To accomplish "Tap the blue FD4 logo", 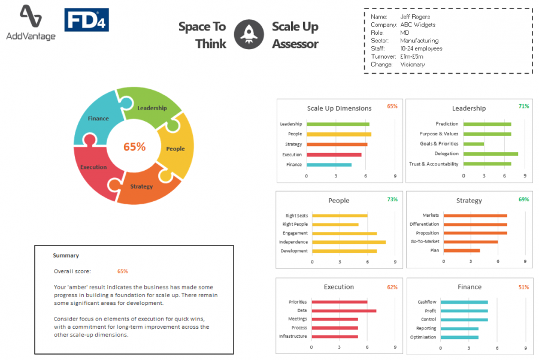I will pos(86,20).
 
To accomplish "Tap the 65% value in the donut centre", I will pos(134,146).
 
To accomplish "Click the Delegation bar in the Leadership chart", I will pos(490,154).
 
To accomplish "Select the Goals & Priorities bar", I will pos(473,144).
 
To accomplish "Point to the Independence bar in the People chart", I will pos(348,242).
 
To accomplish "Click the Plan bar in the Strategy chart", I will pos(461,250).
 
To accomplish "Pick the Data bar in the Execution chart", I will pos(341,310).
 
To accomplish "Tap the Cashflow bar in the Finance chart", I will pos(464,302).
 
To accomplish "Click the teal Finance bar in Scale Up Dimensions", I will pos(328,165).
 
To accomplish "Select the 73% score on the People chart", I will pos(392,199).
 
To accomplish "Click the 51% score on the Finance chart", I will pos(523,287).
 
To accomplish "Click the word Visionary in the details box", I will pos(412,64).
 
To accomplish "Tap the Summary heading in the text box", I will pos(66,256).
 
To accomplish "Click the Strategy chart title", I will pos(468,201).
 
